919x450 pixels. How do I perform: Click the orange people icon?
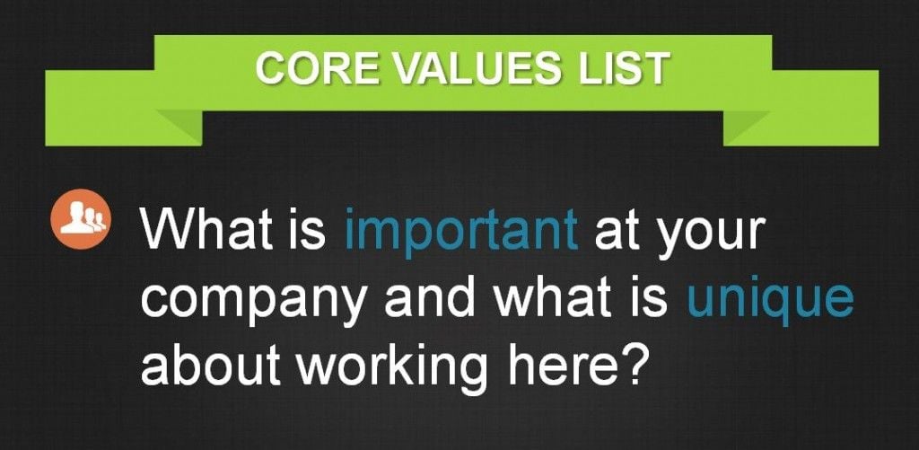coord(80,219)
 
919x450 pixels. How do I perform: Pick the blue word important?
coord(461,232)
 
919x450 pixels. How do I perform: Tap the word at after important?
coord(615,230)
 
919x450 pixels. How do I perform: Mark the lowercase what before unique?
coord(559,298)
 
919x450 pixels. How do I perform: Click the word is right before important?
coord(311,229)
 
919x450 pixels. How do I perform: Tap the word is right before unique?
coord(654,298)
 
